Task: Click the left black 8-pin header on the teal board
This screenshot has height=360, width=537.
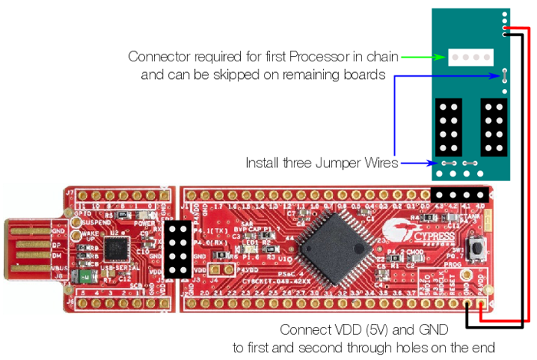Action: pyautogui.click(x=447, y=126)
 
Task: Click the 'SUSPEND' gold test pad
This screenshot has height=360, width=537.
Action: pyautogui.click(x=76, y=223)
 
